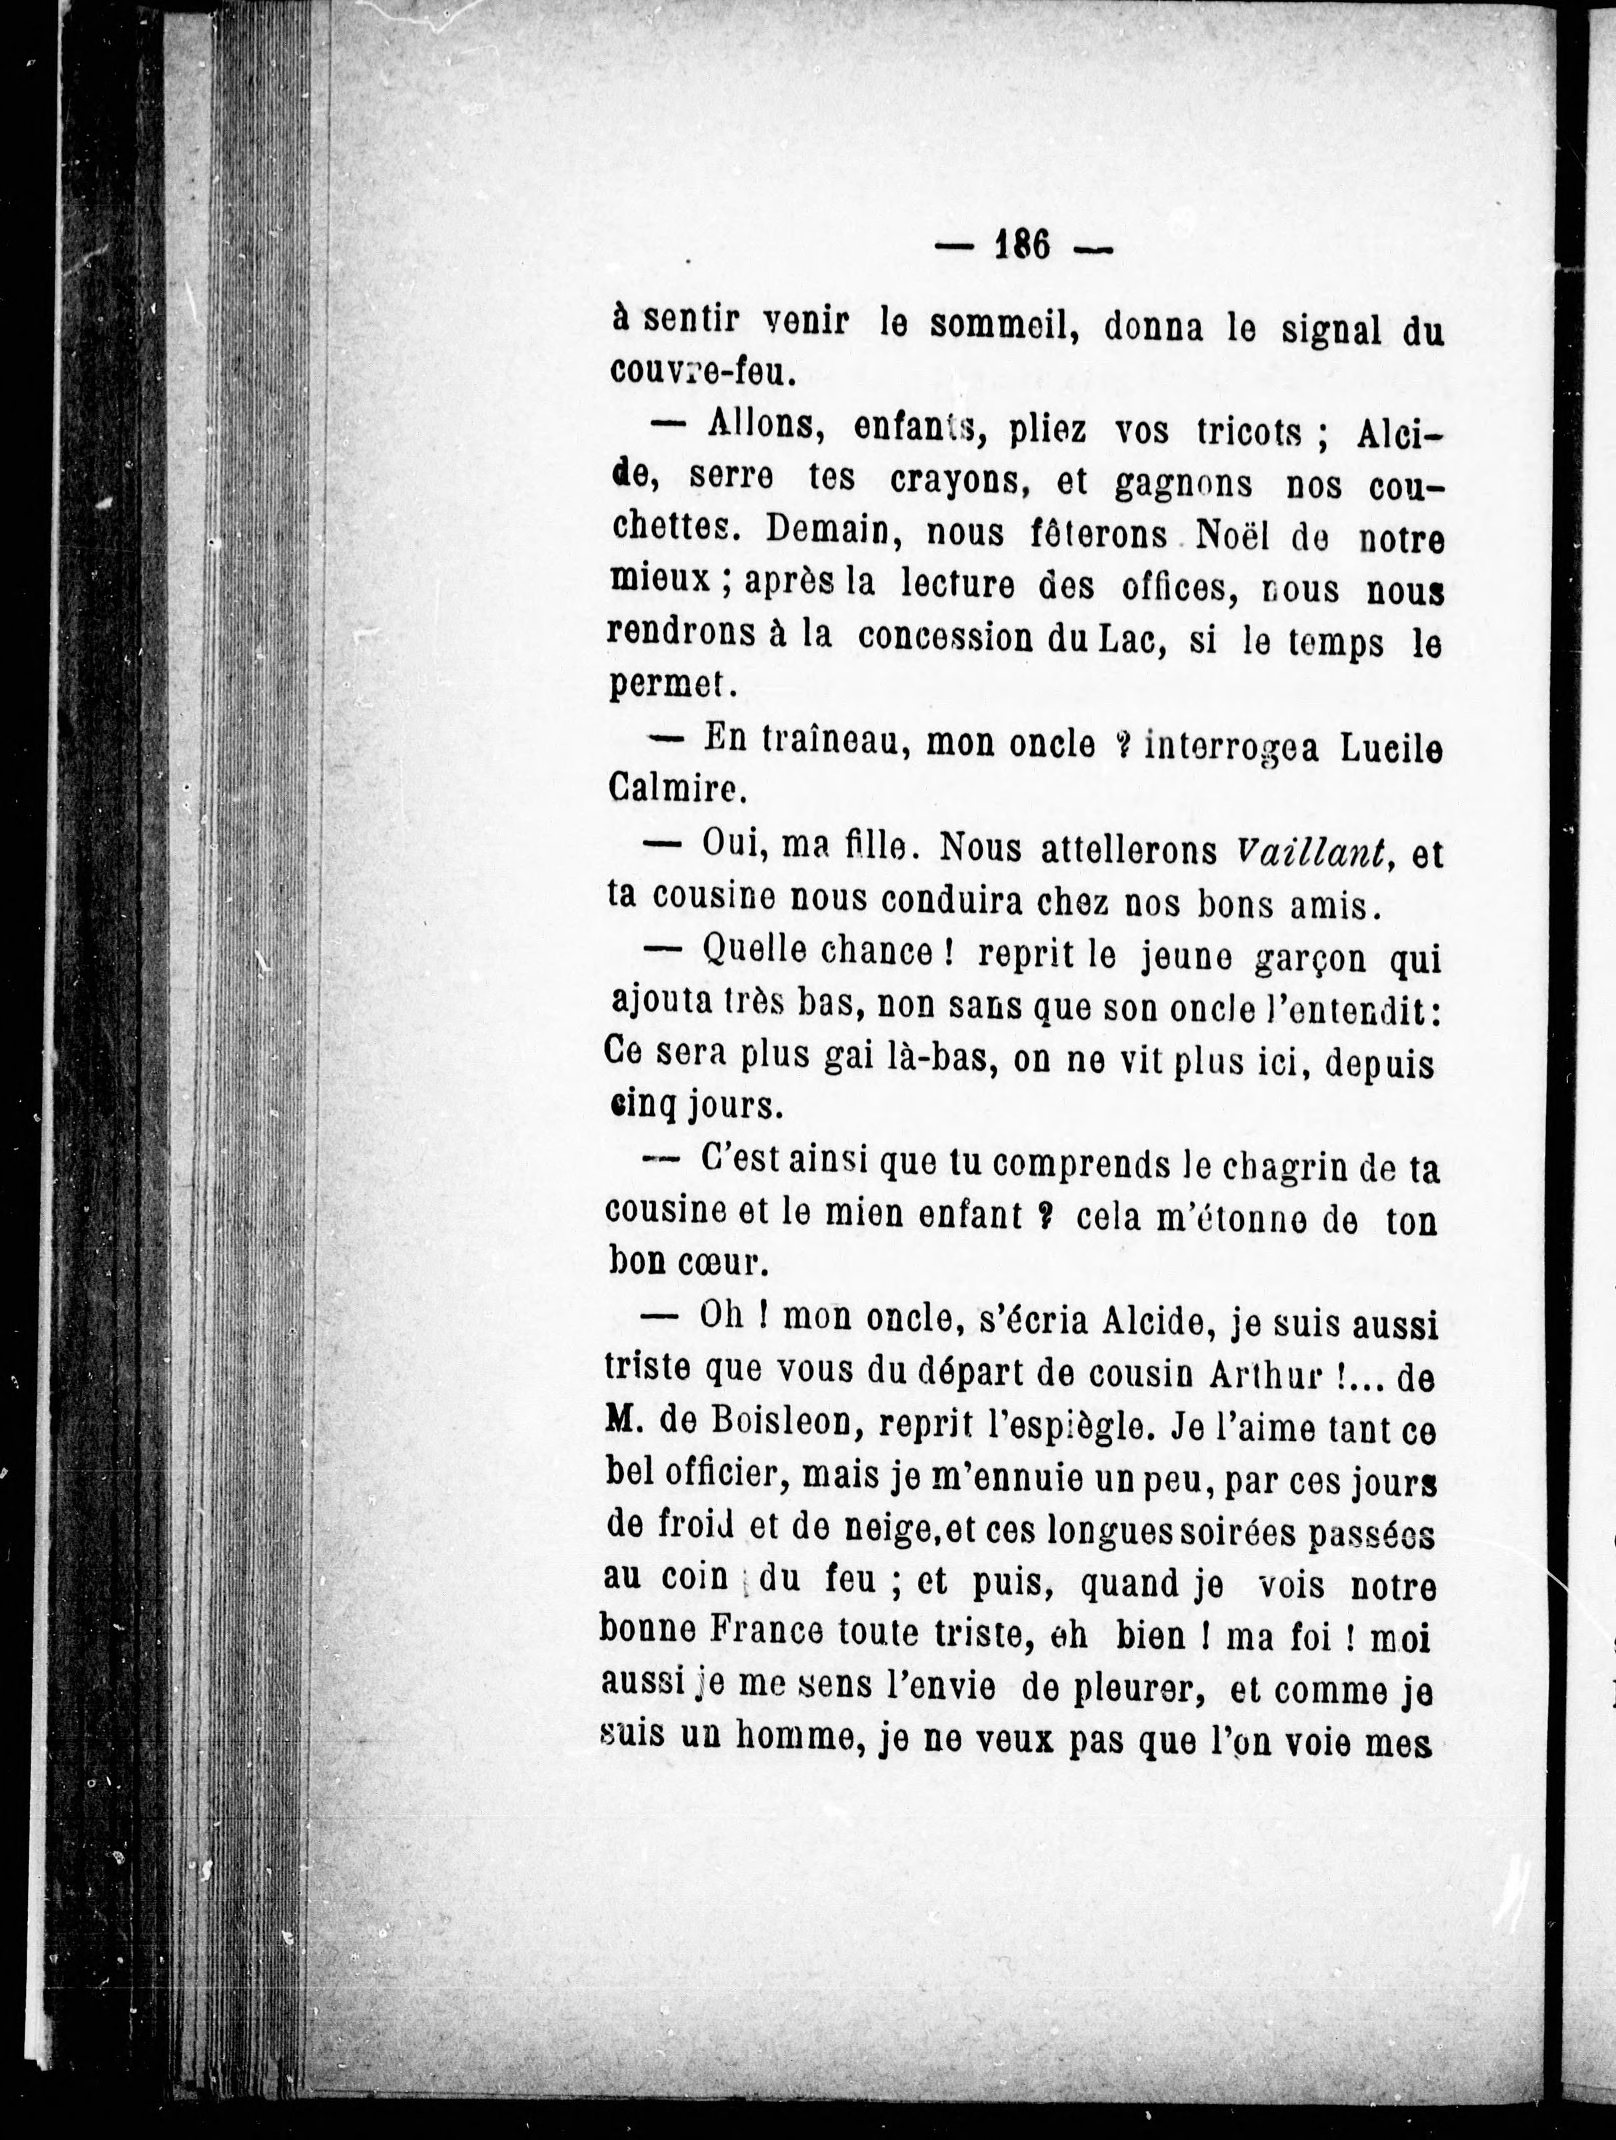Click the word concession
click(x=943, y=638)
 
